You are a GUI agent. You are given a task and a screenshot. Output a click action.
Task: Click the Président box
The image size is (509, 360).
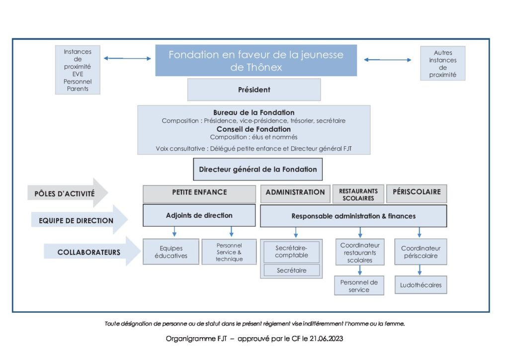click(x=254, y=90)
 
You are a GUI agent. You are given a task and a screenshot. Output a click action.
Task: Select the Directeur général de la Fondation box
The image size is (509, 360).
click(x=258, y=170)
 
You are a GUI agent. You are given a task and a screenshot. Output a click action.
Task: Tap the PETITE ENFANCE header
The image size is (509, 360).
click(x=199, y=194)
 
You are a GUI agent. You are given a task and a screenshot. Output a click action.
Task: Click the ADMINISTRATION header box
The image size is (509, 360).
click(x=295, y=194)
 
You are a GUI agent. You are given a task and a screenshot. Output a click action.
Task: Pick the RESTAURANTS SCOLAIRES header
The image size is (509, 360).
click(x=358, y=194)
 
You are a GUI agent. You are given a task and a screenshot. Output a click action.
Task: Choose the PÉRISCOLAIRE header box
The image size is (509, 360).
click(x=417, y=194)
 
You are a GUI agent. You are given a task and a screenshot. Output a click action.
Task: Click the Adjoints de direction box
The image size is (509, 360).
click(x=199, y=215)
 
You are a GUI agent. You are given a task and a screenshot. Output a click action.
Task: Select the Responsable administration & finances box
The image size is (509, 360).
click(x=353, y=216)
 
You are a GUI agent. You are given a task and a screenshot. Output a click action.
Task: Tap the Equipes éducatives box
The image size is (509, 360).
click(x=171, y=252)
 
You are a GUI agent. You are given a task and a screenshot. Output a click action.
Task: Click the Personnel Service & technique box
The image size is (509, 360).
click(x=229, y=252)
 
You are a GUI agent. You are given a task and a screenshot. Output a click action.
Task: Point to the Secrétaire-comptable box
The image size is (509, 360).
click(x=291, y=252)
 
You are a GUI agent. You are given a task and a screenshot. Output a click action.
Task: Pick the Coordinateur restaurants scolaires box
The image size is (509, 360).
click(x=360, y=252)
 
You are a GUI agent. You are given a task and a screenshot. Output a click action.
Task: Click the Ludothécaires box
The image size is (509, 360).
click(x=421, y=285)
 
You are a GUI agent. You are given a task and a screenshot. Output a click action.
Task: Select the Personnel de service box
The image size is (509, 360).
click(x=359, y=285)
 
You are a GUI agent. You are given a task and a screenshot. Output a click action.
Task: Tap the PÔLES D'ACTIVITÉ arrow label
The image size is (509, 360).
click(x=68, y=193)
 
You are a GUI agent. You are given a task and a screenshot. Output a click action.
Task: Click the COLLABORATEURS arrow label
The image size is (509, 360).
click(x=92, y=252)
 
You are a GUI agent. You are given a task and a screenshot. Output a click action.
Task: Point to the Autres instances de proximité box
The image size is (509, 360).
click(x=443, y=63)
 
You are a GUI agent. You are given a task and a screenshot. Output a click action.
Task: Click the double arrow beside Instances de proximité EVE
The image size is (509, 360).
click(x=127, y=59)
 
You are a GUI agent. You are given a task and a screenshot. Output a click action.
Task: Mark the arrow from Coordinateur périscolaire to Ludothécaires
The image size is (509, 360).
click(x=420, y=270)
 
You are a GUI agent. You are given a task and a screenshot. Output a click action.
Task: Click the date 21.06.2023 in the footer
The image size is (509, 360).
click(x=326, y=339)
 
